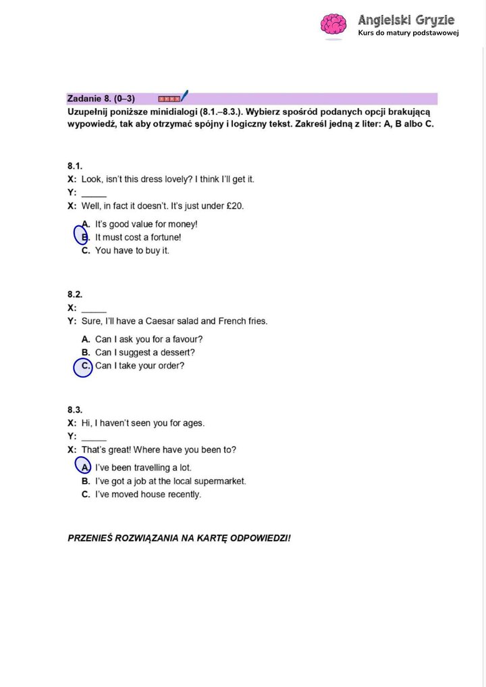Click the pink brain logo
pyautogui.click(x=333, y=25)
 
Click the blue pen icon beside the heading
pyautogui.click(x=184, y=96)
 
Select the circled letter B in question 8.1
pyautogui.click(x=82, y=237)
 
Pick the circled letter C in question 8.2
pyautogui.click(x=83, y=366)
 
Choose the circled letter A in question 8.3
pyautogui.click(x=82, y=467)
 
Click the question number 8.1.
pyautogui.click(x=74, y=165)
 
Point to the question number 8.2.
pyautogui.click(x=74, y=294)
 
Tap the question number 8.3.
pyautogui.click(x=74, y=410)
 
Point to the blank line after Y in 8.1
pyautogui.click(x=94, y=194)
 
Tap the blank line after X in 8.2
pyautogui.click(x=94, y=309)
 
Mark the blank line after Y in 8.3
pyautogui.click(x=94, y=438)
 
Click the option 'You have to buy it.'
pyautogui.click(x=132, y=250)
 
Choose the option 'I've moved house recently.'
pyautogui.click(x=148, y=495)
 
